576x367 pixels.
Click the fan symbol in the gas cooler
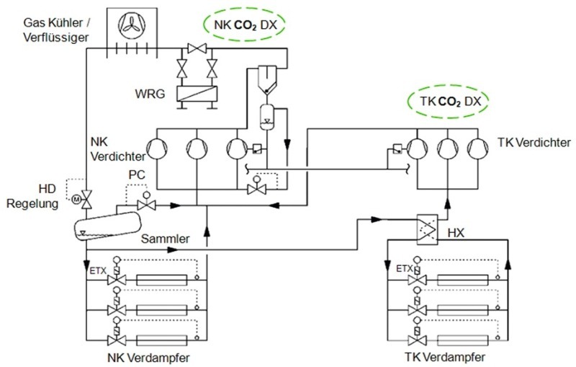(132, 25)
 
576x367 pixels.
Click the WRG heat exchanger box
(197, 94)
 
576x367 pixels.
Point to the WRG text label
(150, 94)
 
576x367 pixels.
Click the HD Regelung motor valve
(86, 199)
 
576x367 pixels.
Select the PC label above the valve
(137, 174)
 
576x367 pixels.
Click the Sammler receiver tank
(107, 225)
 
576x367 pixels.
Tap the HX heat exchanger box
(428, 230)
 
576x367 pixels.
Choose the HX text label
(456, 233)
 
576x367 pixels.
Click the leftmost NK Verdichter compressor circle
(157, 149)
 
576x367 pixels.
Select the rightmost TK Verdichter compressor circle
(478, 149)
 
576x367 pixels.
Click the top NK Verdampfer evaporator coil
(161, 280)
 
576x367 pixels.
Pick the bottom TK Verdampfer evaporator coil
(462, 340)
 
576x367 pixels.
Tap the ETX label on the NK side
(98, 271)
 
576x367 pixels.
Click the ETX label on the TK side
(405, 269)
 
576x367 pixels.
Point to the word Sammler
(166, 239)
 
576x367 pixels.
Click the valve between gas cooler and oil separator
(197, 48)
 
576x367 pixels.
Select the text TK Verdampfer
(445, 357)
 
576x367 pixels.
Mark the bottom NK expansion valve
(117, 340)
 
